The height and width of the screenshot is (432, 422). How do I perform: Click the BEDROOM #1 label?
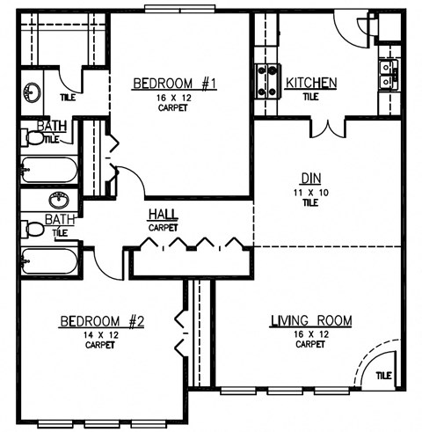174,84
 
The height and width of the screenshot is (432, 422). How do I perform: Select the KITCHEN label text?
311,84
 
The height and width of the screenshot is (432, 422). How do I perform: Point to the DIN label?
308,176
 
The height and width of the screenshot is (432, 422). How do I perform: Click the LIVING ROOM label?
310,322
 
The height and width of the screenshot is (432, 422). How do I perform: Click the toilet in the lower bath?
33,230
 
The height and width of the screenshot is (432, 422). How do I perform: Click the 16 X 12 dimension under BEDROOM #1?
174,99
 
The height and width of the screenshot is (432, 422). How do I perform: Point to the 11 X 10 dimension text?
308,191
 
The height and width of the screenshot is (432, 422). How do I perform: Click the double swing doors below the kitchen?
331,126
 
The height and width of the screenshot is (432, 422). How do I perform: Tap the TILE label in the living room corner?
383,376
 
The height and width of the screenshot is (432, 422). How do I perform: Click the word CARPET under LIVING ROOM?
310,345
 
